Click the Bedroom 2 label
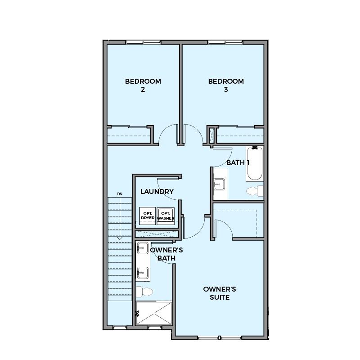(x=143, y=85)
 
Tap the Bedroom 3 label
(x=226, y=85)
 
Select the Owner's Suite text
(x=220, y=293)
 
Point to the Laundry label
(x=157, y=192)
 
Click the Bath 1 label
(x=238, y=163)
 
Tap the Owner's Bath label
(x=166, y=254)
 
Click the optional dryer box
(x=148, y=216)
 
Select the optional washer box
(x=166, y=216)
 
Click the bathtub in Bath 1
(x=255, y=164)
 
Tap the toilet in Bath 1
(x=255, y=191)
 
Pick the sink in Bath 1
(x=219, y=184)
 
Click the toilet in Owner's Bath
(x=144, y=292)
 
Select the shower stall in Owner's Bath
(x=154, y=313)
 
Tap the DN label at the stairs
(x=120, y=194)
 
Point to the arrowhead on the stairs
(x=120, y=238)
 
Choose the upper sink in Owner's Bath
(x=143, y=248)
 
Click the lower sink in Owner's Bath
(x=143, y=273)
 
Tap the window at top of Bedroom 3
(x=225, y=42)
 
